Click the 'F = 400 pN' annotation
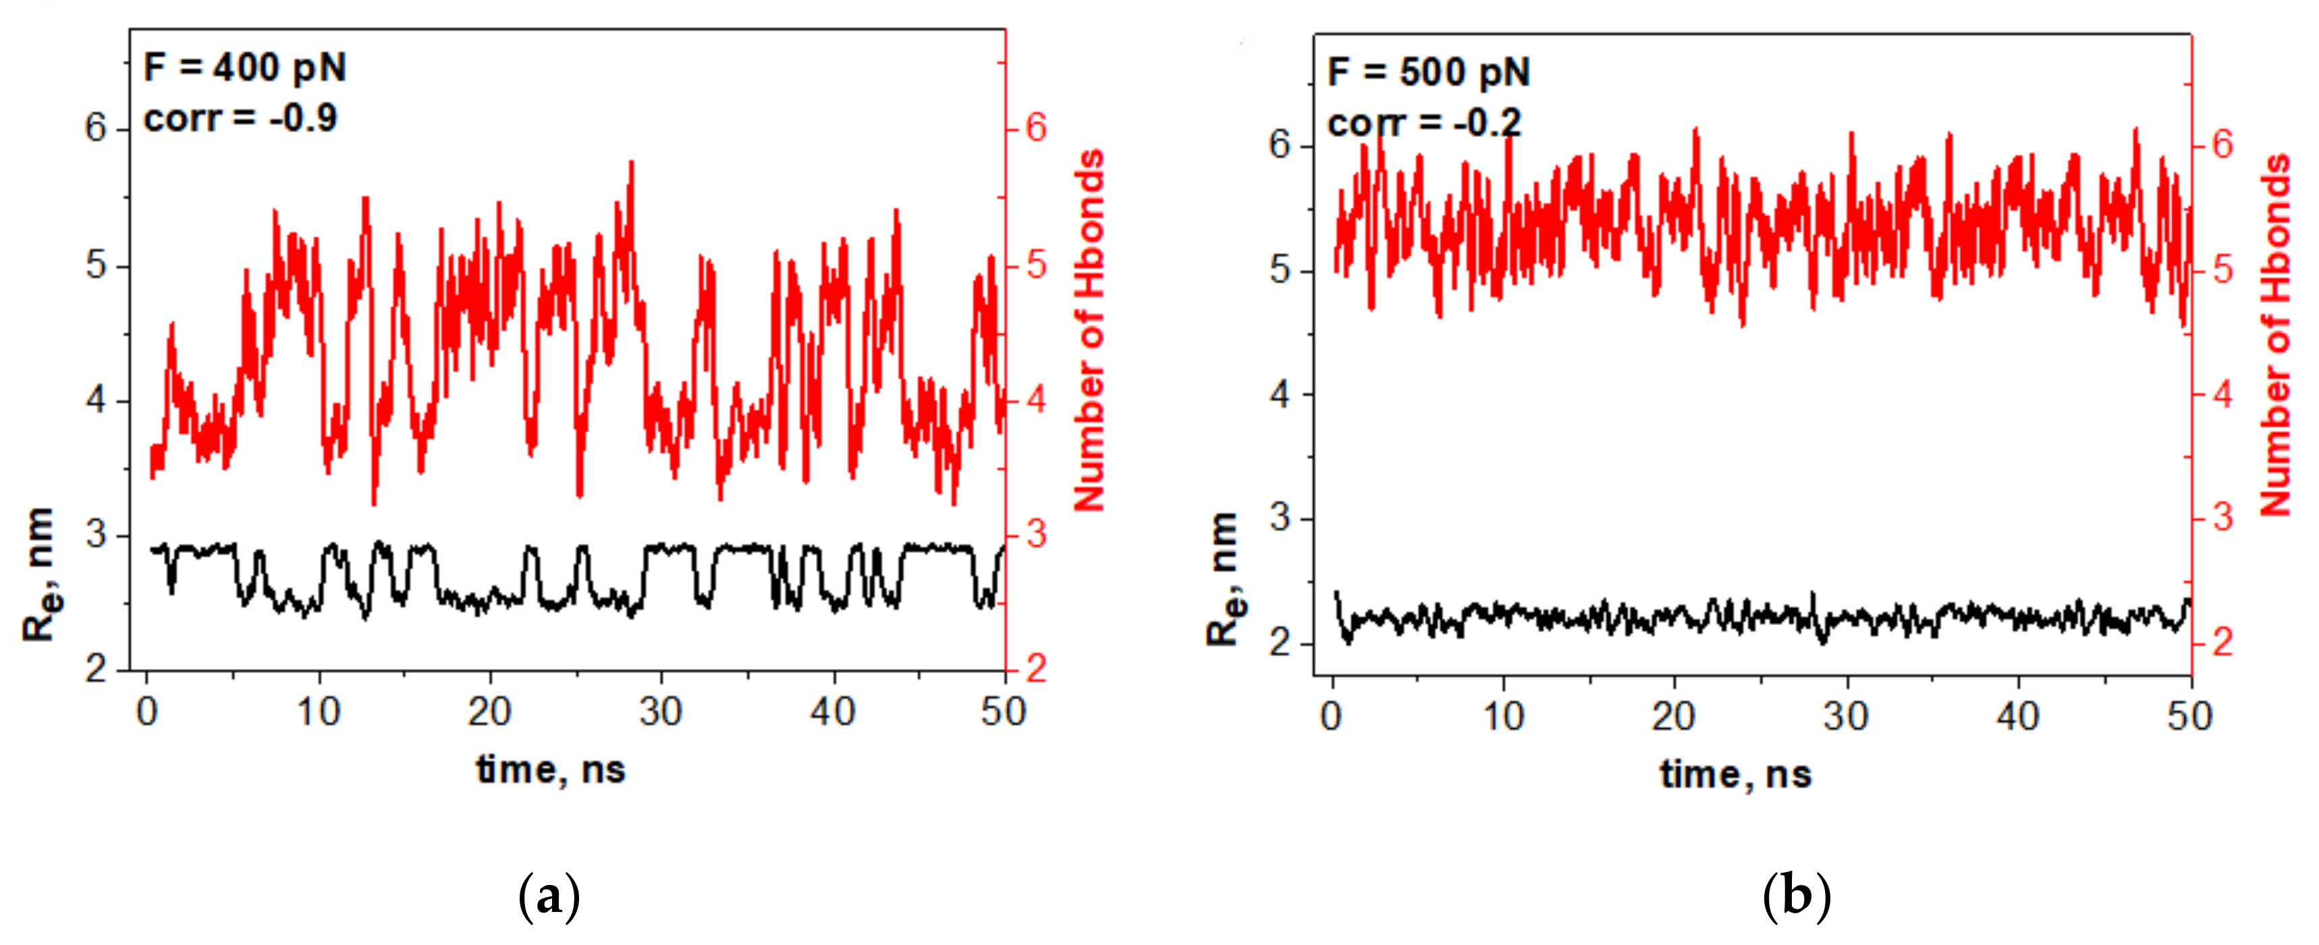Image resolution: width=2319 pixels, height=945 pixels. click(245, 68)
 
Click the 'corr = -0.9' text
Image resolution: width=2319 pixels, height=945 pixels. click(240, 118)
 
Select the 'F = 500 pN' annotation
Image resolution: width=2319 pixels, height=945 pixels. click(1429, 73)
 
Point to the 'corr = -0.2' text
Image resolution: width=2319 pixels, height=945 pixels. click(1424, 124)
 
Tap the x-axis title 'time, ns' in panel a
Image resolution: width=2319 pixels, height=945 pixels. click(551, 769)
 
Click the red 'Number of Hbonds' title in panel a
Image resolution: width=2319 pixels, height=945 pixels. click(1090, 330)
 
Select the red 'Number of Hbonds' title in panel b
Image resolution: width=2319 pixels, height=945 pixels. click(2275, 335)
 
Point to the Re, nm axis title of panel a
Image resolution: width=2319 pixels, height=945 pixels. click(40, 574)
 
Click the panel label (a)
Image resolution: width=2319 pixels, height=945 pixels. click(549, 896)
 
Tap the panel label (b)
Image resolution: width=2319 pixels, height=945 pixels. click(1796, 896)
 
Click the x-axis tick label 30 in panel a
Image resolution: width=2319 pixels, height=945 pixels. click(661, 713)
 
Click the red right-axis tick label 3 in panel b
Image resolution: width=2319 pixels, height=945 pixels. click(2222, 518)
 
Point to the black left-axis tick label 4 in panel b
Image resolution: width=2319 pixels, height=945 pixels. click(1280, 394)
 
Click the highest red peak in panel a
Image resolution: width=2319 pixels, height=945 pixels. click(632, 163)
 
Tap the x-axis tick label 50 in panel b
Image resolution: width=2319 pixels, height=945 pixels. click(2189, 718)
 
